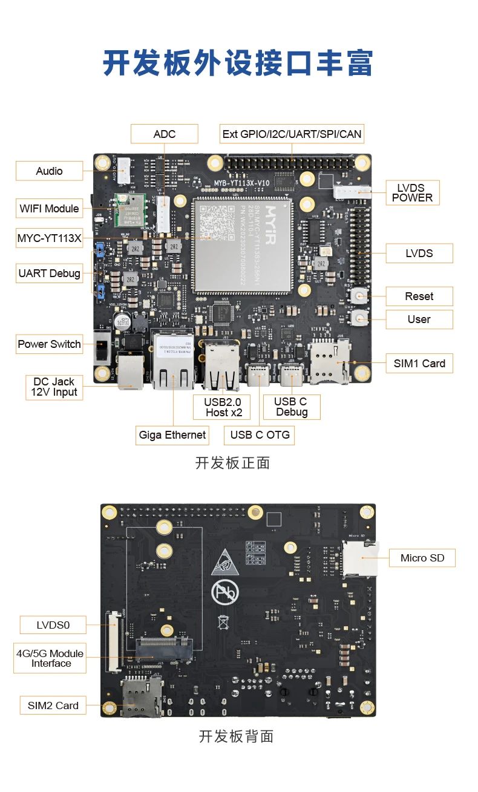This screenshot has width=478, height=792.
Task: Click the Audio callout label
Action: coord(49,171)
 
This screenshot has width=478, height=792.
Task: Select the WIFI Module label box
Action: coord(49,209)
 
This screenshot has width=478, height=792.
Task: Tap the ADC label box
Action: coord(165,134)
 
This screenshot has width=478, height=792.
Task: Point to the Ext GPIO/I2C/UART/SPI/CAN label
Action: coord(292,134)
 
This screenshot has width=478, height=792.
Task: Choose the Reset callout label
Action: coord(419,296)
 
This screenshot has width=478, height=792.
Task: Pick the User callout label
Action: coord(419,319)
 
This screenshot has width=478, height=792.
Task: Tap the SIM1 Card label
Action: coord(419,364)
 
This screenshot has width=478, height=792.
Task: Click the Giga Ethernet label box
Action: coord(172,434)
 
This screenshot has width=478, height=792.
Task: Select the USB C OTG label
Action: coord(260,434)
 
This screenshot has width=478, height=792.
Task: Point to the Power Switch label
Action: coord(49,344)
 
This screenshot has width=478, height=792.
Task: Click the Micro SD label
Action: coord(422,558)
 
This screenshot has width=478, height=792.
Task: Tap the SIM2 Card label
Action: coord(53,705)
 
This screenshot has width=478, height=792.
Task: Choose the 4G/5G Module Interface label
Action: coord(50,658)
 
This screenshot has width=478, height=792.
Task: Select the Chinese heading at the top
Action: coord(238,64)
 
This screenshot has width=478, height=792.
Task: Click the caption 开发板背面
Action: coord(237,736)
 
